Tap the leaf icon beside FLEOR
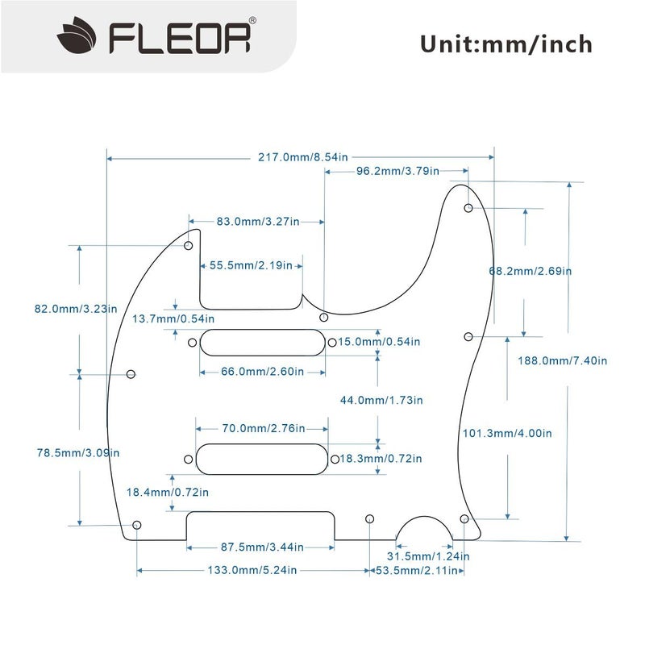[77, 37]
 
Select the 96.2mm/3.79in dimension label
[397, 171]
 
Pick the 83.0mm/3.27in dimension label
[258, 220]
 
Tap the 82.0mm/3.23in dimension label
[76, 308]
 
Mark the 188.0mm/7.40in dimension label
[568, 360]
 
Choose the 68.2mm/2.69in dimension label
[531, 271]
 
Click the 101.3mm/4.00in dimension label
[507, 433]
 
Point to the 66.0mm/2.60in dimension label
[252, 372]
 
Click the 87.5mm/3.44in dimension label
[262, 547]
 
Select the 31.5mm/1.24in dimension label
[428, 556]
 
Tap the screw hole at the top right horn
[468, 209]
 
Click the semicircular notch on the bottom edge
[425, 529]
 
